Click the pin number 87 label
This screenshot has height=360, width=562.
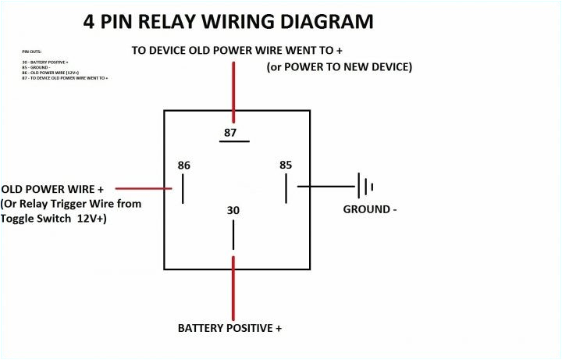[229, 132]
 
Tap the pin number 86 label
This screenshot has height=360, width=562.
[183, 165]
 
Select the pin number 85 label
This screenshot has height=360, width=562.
[286, 165]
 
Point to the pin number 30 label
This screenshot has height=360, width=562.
[233, 210]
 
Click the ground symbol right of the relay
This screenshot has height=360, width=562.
[365, 187]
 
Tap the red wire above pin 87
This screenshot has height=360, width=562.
[233, 86]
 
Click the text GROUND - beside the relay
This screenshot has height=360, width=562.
[370, 209]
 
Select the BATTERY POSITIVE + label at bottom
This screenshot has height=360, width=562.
[229, 328]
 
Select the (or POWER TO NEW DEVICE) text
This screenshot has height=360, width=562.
[339, 67]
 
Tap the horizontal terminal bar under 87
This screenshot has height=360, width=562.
[233, 142]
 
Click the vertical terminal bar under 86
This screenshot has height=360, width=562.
[183, 189]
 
